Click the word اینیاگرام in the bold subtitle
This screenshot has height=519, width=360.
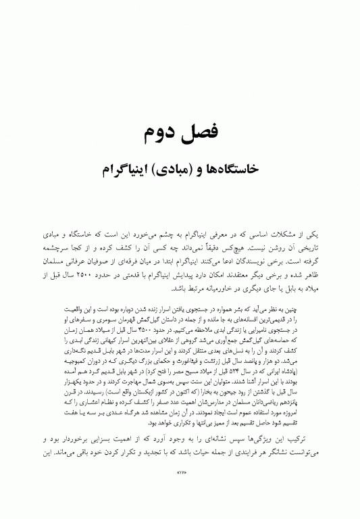[126, 168]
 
